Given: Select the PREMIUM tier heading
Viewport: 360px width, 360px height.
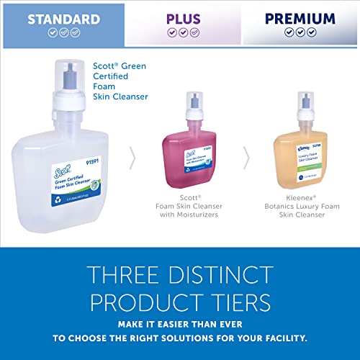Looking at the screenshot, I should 299,19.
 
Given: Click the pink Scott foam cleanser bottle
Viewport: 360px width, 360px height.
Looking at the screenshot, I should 186,150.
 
